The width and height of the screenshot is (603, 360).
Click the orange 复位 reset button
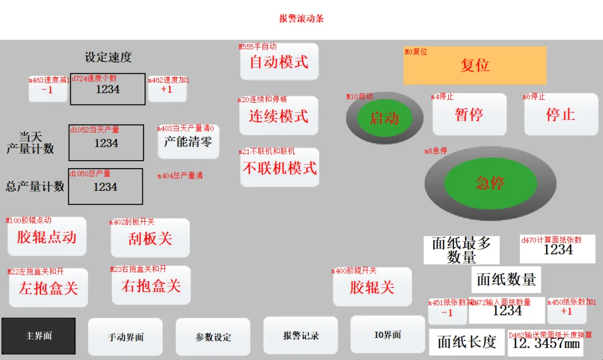pyautogui.click(x=475, y=65)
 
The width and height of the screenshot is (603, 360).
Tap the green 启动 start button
pyautogui.click(x=384, y=118)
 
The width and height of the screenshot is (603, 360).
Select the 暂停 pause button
pyautogui.click(x=469, y=114)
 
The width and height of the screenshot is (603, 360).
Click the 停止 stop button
pyautogui.click(x=560, y=114)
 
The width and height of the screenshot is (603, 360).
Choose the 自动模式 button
pyautogui.click(x=279, y=62)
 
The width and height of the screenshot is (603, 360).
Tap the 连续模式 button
pyautogui.click(x=279, y=116)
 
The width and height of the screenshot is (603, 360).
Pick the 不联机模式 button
pyautogui.click(x=279, y=168)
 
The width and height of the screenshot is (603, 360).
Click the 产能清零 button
pyautogui.click(x=188, y=142)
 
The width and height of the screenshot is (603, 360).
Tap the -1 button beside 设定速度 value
pyautogui.click(x=47, y=89)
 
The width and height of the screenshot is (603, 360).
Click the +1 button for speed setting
pyautogui.click(x=166, y=89)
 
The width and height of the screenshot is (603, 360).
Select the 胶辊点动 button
pyautogui.click(x=46, y=237)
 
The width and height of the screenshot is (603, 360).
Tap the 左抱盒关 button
pyautogui.click(x=48, y=289)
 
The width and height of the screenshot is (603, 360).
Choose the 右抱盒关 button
pyautogui.click(x=151, y=286)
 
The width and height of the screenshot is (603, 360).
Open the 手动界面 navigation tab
pyautogui.click(x=126, y=337)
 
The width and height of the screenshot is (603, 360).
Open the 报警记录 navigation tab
pyautogui.click(x=300, y=336)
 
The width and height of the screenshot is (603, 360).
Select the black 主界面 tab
pyautogui.click(x=39, y=336)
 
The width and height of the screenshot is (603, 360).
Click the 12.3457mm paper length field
pyautogui.click(x=545, y=343)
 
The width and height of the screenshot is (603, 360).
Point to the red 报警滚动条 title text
pyautogui.click(x=301, y=18)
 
